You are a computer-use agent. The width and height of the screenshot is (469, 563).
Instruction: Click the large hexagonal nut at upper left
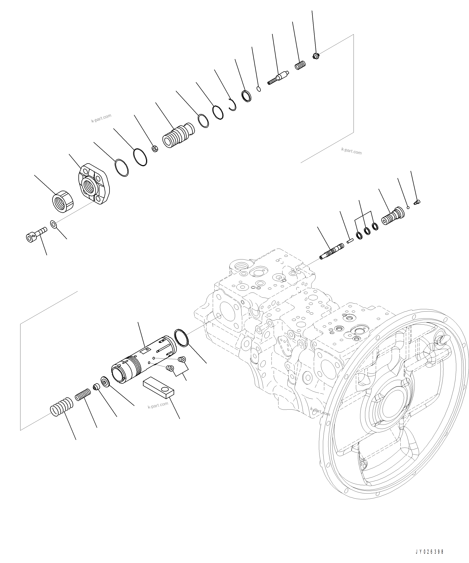pyautogui.click(x=63, y=202)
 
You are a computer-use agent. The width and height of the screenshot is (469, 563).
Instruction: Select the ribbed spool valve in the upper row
pyautogui.click(x=178, y=136)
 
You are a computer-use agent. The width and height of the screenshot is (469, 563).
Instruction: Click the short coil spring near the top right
pyautogui.click(x=301, y=65)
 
